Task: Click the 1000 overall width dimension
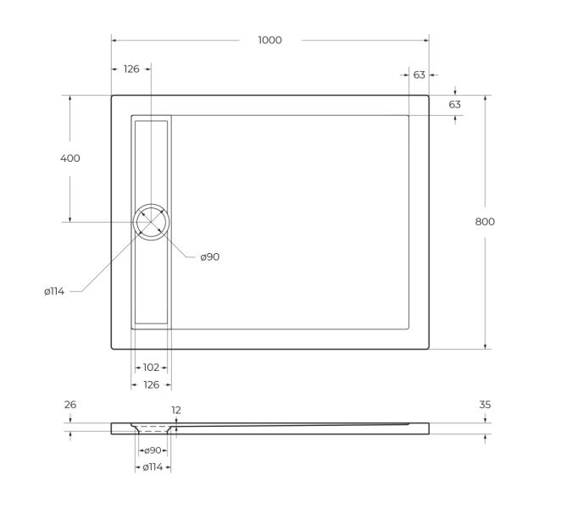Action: (270, 40)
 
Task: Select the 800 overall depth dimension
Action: (485, 222)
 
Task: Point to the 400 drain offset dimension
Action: (70, 158)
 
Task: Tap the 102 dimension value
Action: (151, 367)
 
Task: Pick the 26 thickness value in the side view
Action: (70, 405)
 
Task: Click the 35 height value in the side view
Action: (485, 405)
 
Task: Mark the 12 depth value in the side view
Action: (176, 411)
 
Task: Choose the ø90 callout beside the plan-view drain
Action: (210, 257)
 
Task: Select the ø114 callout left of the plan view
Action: (55, 291)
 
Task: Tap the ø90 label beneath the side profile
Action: (153, 450)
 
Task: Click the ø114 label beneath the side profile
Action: (153, 467)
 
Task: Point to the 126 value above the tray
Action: (131, 69)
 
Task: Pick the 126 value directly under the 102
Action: (151, 385)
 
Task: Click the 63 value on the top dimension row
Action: (419, 75)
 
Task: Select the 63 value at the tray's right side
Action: (455, 104)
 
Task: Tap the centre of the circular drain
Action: (152, 222)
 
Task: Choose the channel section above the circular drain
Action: (152, 161)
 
